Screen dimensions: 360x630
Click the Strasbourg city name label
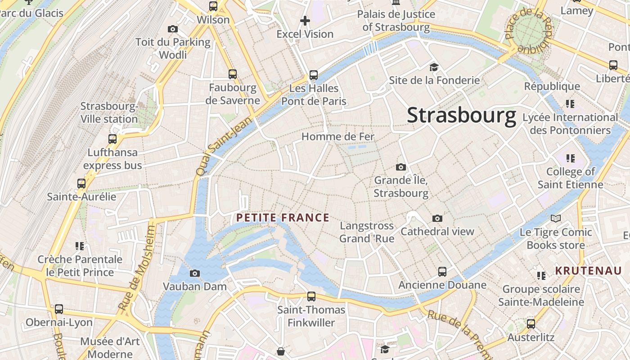(461, 116)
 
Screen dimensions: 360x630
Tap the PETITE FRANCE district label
(283, 218)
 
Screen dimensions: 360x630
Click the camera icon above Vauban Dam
(194, 273)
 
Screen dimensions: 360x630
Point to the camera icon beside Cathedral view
(437, 218)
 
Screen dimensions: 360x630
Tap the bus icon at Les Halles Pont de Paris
(314, 75)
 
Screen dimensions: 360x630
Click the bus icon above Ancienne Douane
(442, 272)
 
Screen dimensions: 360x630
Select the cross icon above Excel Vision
(305, 21)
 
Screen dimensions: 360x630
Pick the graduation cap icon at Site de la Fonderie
(434, 67)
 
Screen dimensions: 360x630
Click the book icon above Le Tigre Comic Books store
(556, 218)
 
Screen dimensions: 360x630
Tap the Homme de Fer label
(337, 136)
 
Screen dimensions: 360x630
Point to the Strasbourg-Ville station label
(109, 113)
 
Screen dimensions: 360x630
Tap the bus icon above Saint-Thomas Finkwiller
(311, 296)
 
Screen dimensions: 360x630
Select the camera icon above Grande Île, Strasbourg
(400, 167)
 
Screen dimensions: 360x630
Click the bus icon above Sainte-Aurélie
(81, 183)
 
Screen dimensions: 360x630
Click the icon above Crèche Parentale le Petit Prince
(80, 246)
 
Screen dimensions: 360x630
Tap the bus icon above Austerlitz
(531, 324)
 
